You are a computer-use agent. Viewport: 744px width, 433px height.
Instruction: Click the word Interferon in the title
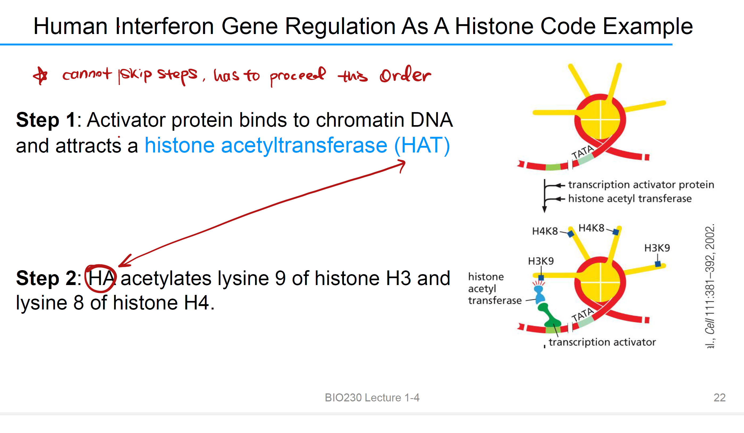pos(164,26)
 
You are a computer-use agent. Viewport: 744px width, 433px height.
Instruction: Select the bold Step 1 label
pos(46,120)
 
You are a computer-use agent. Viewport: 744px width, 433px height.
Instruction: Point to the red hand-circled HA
pos(101,278)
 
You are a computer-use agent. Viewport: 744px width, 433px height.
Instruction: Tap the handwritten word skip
pos(135,75)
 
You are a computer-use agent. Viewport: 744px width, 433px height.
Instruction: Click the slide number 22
pos(720,398)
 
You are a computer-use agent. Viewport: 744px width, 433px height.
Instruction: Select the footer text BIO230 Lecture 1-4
pos(372,398)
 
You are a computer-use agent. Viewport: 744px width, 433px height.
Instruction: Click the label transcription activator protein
pos(641,185)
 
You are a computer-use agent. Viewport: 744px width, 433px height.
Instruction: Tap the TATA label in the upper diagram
pos(582,152)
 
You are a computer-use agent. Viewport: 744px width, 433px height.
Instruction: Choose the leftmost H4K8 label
pos(545,231)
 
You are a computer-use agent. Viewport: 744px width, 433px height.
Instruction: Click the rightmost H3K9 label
pos(657,248)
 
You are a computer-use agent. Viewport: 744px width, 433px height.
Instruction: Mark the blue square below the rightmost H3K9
pos(658,264)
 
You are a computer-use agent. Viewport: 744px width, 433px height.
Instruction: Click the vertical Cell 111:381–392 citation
pos(709,286)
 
